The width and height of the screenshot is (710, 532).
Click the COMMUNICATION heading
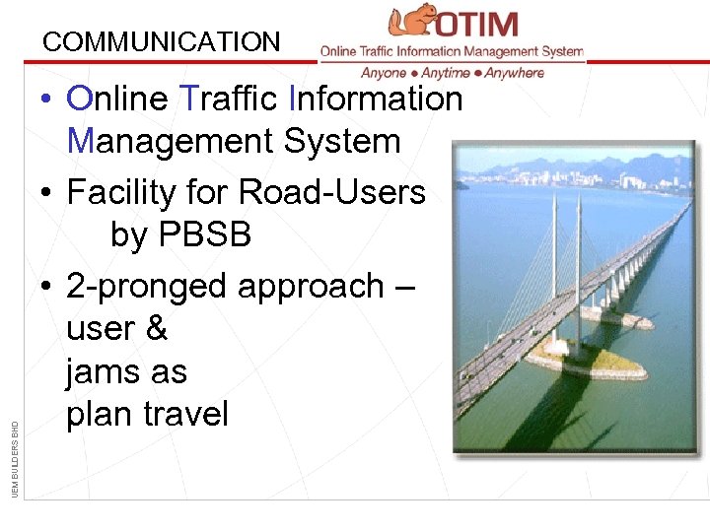pyautogui.click(x=162, y=42)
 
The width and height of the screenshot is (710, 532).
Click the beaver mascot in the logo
pyautogui.click(x=412, y=22)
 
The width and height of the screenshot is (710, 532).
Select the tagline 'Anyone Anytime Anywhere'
pyautogui.click(x=452, y=73)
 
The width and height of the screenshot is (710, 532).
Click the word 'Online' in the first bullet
pyautogui.click(x=116, y=99)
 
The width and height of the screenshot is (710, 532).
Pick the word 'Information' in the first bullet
pyautogui.click(x=376, y=99)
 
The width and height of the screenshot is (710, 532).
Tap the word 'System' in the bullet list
pyautogui.click(x=342, y=142)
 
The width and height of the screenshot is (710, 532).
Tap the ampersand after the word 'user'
pyautogui.click(x=156, y=329)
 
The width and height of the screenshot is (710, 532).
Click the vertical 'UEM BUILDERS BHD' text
pyautogui.click(x=14, y=457)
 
